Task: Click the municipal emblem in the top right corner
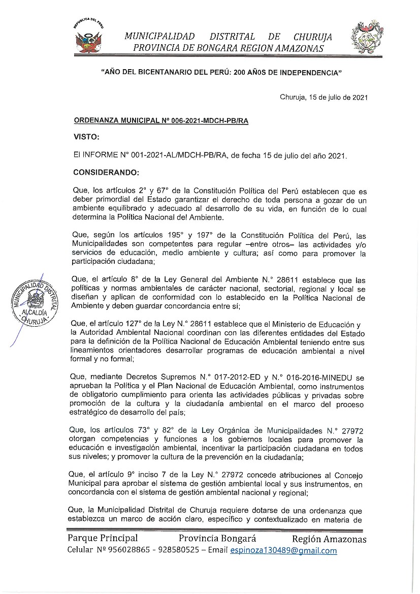(365, 40)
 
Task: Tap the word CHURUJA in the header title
(312, 37)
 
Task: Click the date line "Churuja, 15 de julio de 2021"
(324, 97)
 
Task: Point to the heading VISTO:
(86, 137)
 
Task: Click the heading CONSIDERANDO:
(106, 172)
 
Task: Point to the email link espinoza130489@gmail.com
(283, 551)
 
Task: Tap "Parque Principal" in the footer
(102, 539)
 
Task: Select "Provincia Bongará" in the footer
(217, 539)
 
